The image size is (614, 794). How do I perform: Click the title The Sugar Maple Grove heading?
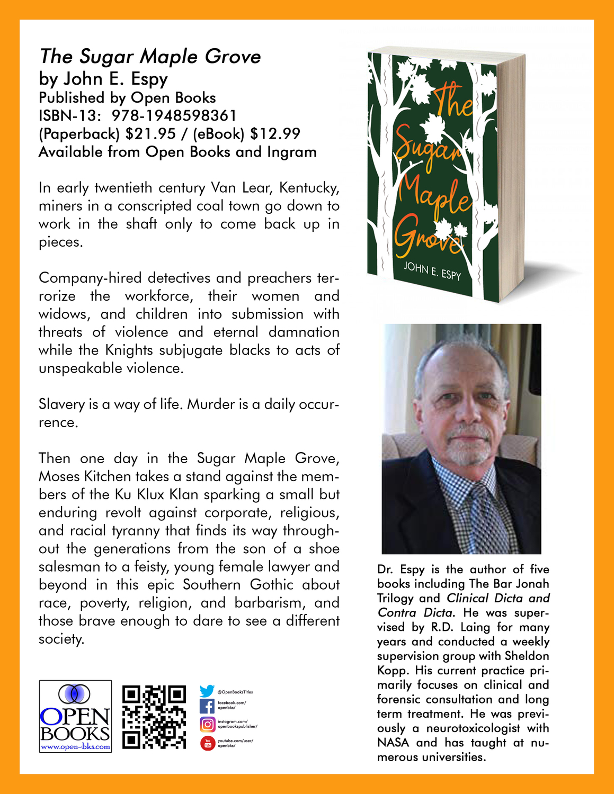(150, 56)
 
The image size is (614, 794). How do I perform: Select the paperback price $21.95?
(150, 133)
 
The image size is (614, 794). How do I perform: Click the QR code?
(154, 717)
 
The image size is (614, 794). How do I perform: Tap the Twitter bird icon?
(207, 691)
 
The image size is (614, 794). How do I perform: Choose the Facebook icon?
(207, 706)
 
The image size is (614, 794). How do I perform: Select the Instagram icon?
(207, 724)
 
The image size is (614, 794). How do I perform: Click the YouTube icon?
(207, 743)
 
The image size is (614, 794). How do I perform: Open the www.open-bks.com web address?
(75, 747)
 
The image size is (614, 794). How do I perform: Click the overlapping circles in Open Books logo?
(74, 693)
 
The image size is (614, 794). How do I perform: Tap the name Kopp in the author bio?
(391, 671)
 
